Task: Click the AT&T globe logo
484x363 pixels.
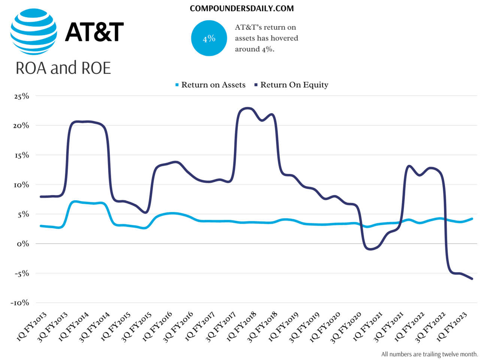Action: click(34, 32)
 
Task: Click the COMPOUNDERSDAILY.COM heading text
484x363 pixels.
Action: click(242, 9)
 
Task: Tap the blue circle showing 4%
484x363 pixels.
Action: click(209, 38)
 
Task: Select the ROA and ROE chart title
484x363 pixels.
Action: click(63, 68)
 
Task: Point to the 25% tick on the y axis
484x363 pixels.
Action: click(21, 96)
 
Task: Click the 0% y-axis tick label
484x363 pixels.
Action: click(23, 244)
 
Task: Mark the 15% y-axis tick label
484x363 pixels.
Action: click(21, 155)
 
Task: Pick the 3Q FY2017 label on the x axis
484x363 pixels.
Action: click(221, 327)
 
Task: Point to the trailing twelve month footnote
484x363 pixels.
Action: click(429, 354)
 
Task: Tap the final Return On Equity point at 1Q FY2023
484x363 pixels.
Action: click(472, 279)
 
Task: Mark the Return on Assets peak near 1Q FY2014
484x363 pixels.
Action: click(75, 202)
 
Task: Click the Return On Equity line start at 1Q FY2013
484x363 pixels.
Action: click(40, 197)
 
